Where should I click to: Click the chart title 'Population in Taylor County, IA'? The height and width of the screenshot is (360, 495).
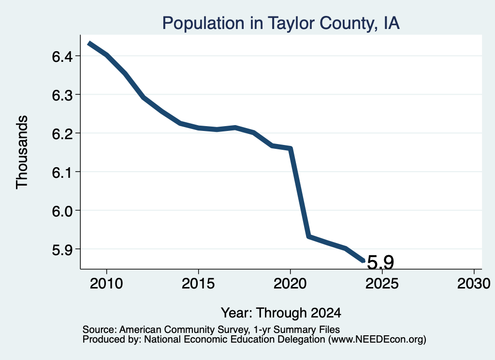[281, 23]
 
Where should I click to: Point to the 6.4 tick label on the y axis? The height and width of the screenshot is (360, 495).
[62, 57]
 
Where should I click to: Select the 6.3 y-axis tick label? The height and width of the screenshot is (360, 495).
[62, 95]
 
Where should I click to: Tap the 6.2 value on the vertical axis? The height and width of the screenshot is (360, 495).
[62, 133]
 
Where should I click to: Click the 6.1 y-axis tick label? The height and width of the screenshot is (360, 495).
[62, 173]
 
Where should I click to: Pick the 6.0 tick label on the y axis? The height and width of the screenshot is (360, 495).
[62, 211]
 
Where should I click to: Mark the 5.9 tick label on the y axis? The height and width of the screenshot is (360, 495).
[62, 249]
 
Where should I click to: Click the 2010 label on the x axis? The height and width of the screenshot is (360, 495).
[106, 283]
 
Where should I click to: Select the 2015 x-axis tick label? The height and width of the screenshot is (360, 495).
[198, 283]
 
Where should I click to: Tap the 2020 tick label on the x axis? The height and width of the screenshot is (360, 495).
[290, 283]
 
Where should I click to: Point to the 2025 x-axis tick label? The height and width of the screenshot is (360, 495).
[382, 283]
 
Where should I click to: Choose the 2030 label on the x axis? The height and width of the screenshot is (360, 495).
[474, 283]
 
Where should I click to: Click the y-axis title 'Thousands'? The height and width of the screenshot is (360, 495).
[22, 152]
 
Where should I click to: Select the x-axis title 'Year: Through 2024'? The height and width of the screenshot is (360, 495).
[281, 313]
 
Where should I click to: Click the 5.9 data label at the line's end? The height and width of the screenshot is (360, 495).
[381, 262]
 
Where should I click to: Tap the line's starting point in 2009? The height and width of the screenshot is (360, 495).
[89, 43]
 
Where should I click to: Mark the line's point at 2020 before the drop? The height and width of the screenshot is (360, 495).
[290, 148]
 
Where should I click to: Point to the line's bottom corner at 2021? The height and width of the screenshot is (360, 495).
[309, 236]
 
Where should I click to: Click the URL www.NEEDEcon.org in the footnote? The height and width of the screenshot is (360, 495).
[377, 340]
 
